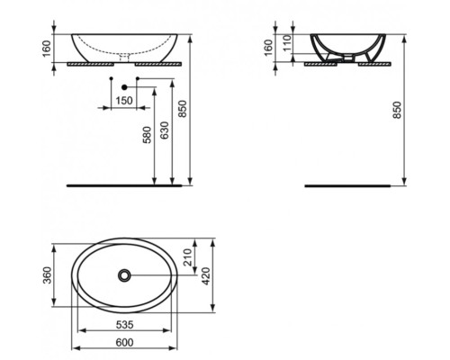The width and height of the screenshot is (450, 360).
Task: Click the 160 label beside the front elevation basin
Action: (48, 46)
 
